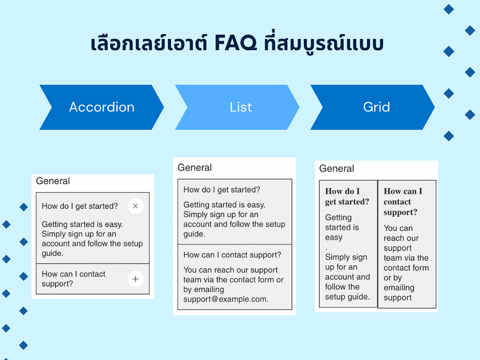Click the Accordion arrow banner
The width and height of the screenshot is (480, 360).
pyautogui.click(x=102, y=107)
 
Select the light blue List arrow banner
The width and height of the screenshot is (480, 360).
pyautogui.click(x=237, y=107)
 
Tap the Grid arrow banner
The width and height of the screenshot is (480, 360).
pyautogui.click(x=373, y=107)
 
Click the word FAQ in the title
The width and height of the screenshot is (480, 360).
pyautogui.click(x=236, y=43)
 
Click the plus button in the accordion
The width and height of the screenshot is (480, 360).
pyautogui.click(x=136, y=279)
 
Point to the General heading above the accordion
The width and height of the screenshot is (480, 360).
pyautogui.click(x=53, y=181)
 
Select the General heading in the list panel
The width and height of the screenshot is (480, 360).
pyautogui.click(x=195, y=168)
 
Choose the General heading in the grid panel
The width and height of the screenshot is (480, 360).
pyautogui.click(x=336, y=168)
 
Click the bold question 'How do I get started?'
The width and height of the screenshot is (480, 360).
pyautogui.click(x=347, y=196)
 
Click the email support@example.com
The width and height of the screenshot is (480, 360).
pyautogui.click(x=226, y=299)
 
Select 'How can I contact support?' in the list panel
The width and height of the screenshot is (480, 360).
pyautogui.click(x=232, y=255)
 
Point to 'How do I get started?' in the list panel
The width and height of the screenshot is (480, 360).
pyautogui.click(x=222, y=190)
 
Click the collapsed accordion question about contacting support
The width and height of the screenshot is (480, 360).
pyautogui.click(x=74, y=279)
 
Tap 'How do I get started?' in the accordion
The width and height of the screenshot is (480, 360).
pyautogui.click(x=80, y=206)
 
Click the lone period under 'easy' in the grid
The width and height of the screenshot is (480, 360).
pyautogui.click(x=326, y=249)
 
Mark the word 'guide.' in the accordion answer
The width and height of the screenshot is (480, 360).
pyautogui.click(x=52, y=253)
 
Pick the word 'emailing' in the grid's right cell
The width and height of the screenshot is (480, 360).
pyautogui.click(x=399, y=288)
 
